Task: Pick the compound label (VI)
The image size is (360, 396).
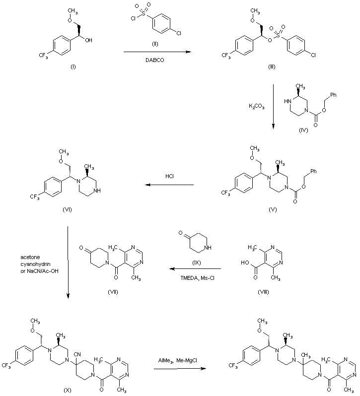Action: (68, 209)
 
